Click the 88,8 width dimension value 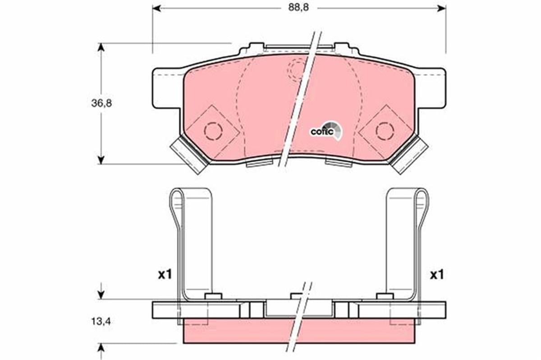pos(299,8)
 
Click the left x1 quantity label pos(165,275)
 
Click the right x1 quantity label pos(436,275)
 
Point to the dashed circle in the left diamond pos(213,131)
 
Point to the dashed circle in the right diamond pos(385,131)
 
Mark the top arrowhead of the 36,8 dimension pos(101,47)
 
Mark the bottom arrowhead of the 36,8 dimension pos(101,160)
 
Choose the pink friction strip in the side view pos(298,332)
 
